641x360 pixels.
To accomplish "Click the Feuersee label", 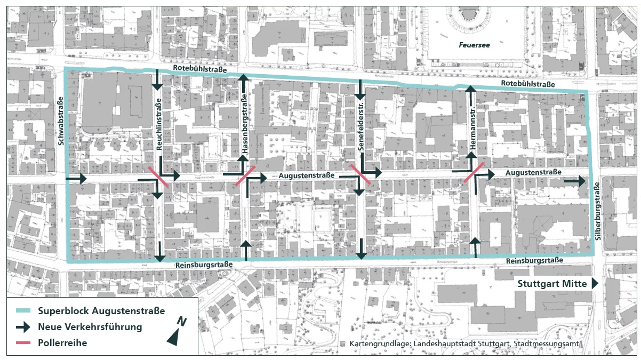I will pyautogui.click(x=474, y=45).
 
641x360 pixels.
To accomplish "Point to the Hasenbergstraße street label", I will pyautogui.click(x=244, y=125).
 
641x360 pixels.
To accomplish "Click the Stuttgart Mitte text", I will pyautogui.click(x=552, y=284).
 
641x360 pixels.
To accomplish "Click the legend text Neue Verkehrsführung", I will pyautogui.click(x=90, y=327).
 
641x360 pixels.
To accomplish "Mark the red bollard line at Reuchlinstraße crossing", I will pyautogui.click(x=158, y=177).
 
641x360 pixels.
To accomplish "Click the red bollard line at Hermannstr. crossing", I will pyautogui.click(x=474, y=172).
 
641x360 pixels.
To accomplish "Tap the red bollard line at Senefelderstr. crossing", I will pyautogui.click(x=361, y=175).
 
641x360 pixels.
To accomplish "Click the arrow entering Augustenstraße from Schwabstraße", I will pyautogui.click(x=76, y=179).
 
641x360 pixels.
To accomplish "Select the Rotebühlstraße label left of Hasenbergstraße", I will pyautogui.click(x=200, y=70).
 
